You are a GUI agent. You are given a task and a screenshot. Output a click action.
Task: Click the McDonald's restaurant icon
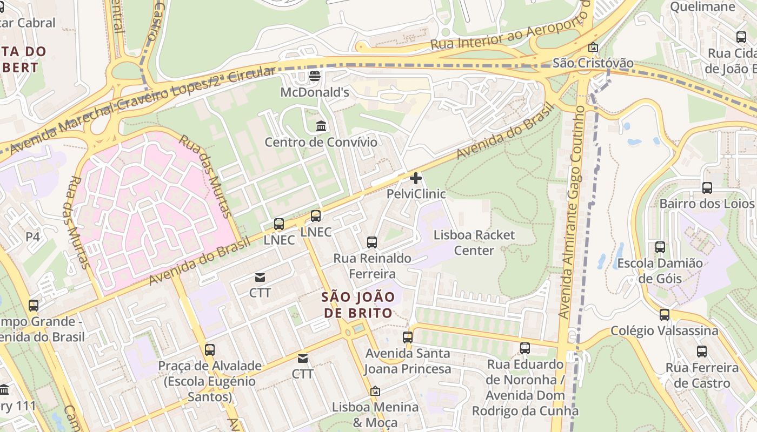(x=314, y=76)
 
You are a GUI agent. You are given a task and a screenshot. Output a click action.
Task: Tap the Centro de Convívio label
(x=321, y=142)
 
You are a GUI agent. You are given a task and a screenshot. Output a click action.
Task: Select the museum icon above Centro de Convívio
(x=321, y=126)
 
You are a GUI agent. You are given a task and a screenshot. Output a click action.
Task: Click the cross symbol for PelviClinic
(x=416, y=178)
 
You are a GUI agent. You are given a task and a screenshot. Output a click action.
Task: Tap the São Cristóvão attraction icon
(x=593, y=48)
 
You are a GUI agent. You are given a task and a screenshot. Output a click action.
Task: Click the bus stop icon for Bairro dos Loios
(x=707, y=188)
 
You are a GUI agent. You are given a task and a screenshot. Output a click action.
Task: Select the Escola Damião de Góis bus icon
(x=660, y=247)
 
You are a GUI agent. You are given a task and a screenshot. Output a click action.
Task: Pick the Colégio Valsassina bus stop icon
(x=664, y=315)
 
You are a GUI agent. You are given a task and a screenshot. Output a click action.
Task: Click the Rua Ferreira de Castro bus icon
(x=702, y=352)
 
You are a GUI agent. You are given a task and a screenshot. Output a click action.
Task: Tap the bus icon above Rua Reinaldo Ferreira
(x=372, y=242)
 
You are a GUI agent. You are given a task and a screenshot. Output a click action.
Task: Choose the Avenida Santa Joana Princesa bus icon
(x=408, y=337)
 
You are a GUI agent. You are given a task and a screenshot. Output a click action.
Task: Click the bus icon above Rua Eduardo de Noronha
(x=524, y=348)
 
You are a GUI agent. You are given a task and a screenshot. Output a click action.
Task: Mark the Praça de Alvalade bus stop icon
(x=210, y=350)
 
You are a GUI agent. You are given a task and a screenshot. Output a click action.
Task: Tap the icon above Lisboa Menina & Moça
(x=375, y=391)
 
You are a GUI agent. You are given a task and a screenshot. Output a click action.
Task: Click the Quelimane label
(x=702, y=6)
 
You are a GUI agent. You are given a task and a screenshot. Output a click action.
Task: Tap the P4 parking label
(x=33, y=237)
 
